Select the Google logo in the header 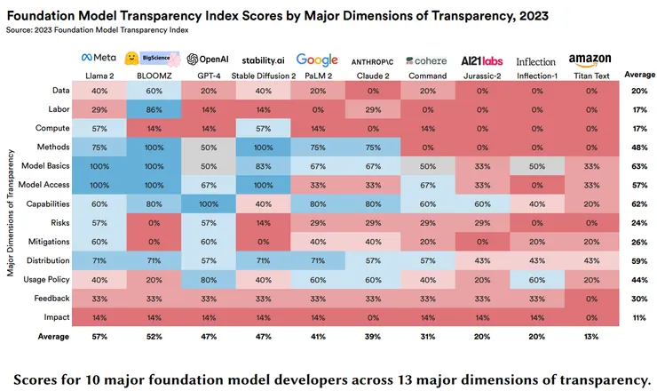(x=318, y=60)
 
